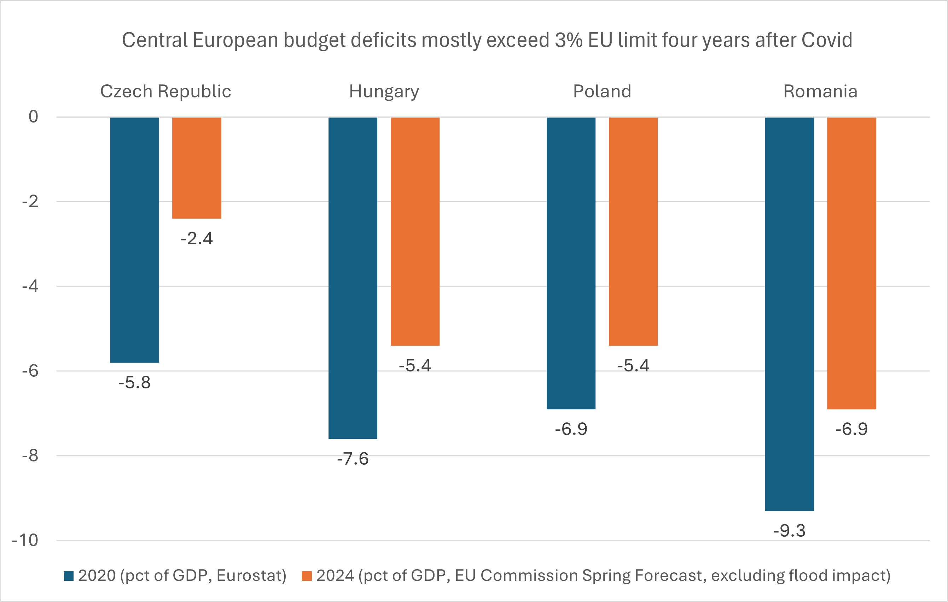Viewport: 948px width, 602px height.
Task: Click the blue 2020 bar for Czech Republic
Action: click(x=134, y=240)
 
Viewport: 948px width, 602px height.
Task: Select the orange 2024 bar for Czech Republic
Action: click(x=197, y=168)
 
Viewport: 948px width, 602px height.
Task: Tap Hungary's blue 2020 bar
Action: click(x=353, y=278)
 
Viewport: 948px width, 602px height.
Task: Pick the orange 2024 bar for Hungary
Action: click(x=415, y=232)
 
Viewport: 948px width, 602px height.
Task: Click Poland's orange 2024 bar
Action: click(x=633, y=232)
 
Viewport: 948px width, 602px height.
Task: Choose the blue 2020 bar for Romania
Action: click(x=789, y=314)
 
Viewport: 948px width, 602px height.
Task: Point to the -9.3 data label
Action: click(x=789, y=531)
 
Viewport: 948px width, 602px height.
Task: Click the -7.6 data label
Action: click(x=353, y=459)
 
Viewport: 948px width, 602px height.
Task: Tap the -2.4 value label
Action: click(x=197, y=238)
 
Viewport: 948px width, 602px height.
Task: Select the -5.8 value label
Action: click(x=134, y=382)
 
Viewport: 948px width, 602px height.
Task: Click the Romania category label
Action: click(x=820, y=91)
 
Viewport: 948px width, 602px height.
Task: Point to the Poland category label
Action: click(x=602, y=91)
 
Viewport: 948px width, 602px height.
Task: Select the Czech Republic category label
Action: click(x=165, y=91)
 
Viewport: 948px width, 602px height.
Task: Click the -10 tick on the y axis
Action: click(x=25, y=540)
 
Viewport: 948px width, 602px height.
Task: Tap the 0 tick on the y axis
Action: click(x=34, y=117)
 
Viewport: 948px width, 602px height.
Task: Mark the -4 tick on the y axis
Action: click(x=30, y=286)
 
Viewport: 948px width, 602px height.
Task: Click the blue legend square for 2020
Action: click(x=69, y=576)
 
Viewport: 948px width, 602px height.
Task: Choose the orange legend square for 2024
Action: click(x=307, y=576)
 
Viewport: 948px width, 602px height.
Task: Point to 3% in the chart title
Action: click(x=569, y=40)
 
